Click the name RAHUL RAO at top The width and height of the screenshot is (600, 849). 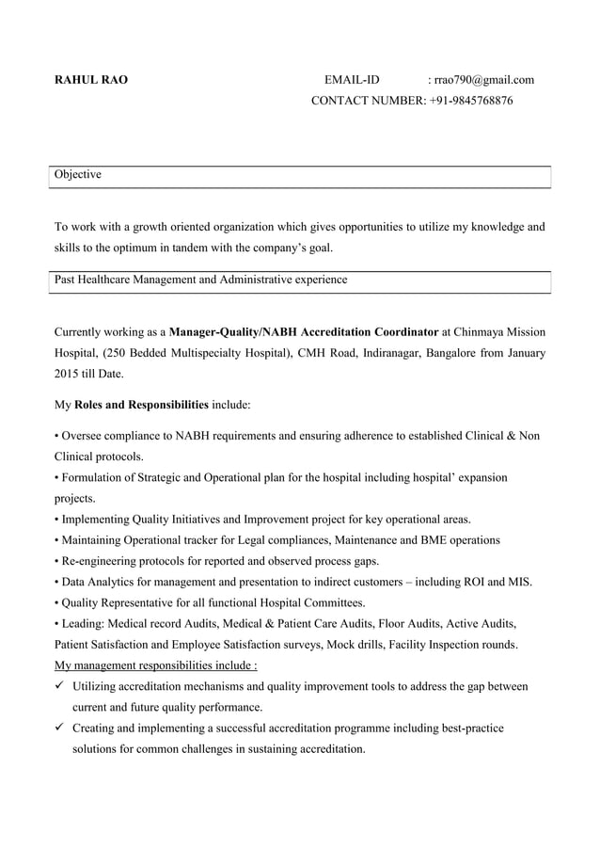(91, 80)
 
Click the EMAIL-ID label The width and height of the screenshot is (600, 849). (352, 80)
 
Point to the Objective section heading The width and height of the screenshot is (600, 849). (78, 175)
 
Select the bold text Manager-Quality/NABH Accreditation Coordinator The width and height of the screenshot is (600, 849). (304, 332)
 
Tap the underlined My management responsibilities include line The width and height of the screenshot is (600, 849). (157, 665)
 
